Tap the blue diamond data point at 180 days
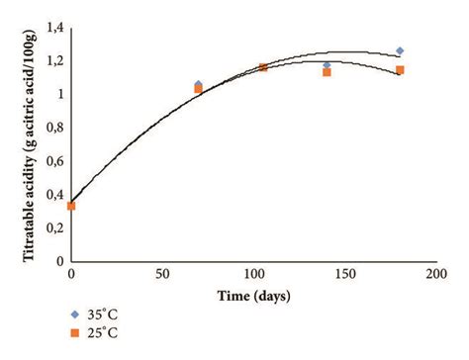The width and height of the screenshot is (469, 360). (400, 50)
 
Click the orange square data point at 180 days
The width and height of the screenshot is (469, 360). (400, 70)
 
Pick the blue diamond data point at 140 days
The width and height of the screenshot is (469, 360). (327, 65)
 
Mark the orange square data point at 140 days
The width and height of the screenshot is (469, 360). (327, 72)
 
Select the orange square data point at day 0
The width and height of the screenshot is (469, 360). (71, 206)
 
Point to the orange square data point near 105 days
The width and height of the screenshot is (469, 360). (263, 67)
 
